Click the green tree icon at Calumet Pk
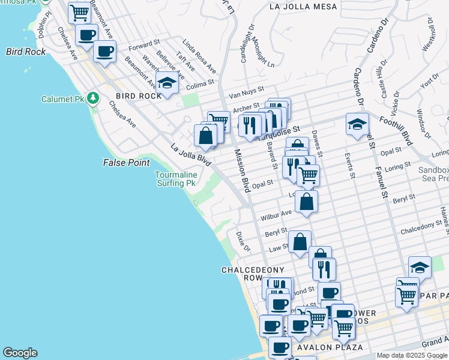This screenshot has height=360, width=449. pos(92,98)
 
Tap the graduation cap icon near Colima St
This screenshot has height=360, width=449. pos(167,83)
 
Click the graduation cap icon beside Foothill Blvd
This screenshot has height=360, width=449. pos(357,124)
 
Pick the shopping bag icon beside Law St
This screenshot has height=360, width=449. pos(300,242)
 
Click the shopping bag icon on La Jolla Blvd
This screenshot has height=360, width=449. pos(205,134)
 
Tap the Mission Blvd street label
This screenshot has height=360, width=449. pos(242,170)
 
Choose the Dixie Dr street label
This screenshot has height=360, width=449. pos(243,241)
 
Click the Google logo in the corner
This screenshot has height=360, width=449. pos(20,353)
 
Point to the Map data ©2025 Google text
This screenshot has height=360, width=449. pos(412,355)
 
